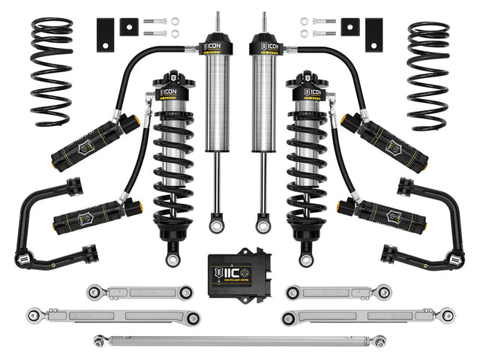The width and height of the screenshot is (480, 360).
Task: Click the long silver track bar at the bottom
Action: (240, 341)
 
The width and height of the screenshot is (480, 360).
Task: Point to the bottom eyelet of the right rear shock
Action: (262, 223)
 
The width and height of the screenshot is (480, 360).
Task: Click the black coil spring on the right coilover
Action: (309, 172)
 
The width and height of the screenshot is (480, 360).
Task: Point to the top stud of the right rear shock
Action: (262, 22)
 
